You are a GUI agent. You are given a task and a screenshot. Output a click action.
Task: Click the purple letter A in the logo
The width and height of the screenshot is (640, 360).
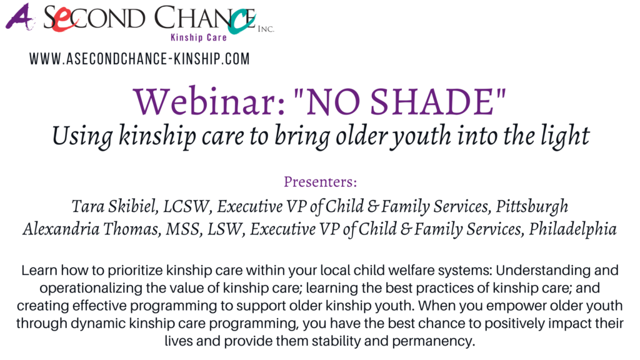(19, 17)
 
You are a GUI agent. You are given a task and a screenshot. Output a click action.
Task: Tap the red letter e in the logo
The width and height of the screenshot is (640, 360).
(62, 21)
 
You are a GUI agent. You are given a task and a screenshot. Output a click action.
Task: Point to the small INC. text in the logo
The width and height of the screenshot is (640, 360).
(266, 29)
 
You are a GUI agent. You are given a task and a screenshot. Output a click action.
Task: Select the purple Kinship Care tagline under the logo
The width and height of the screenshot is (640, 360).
(198, 37)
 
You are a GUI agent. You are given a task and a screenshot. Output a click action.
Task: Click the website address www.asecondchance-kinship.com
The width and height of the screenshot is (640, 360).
(139, 59)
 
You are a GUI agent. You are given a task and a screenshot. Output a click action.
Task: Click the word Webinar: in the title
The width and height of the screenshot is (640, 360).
(209, 101)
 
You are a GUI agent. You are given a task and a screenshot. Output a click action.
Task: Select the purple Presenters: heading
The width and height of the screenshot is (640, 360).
(321, 182)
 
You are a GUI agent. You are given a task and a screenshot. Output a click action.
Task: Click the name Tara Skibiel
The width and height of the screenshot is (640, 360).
(115, 206)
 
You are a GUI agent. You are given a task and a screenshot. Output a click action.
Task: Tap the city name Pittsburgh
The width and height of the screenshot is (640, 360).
(532, 206)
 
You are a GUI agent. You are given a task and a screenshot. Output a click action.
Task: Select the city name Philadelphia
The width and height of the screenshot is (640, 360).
(572, 229)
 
